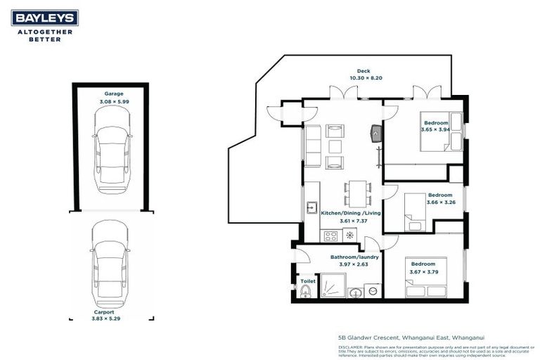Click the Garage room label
(x=114, y=94)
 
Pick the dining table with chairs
(x=358, y=192)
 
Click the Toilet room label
(x=307, y=281)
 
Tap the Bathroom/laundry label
(x=354, y=257)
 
